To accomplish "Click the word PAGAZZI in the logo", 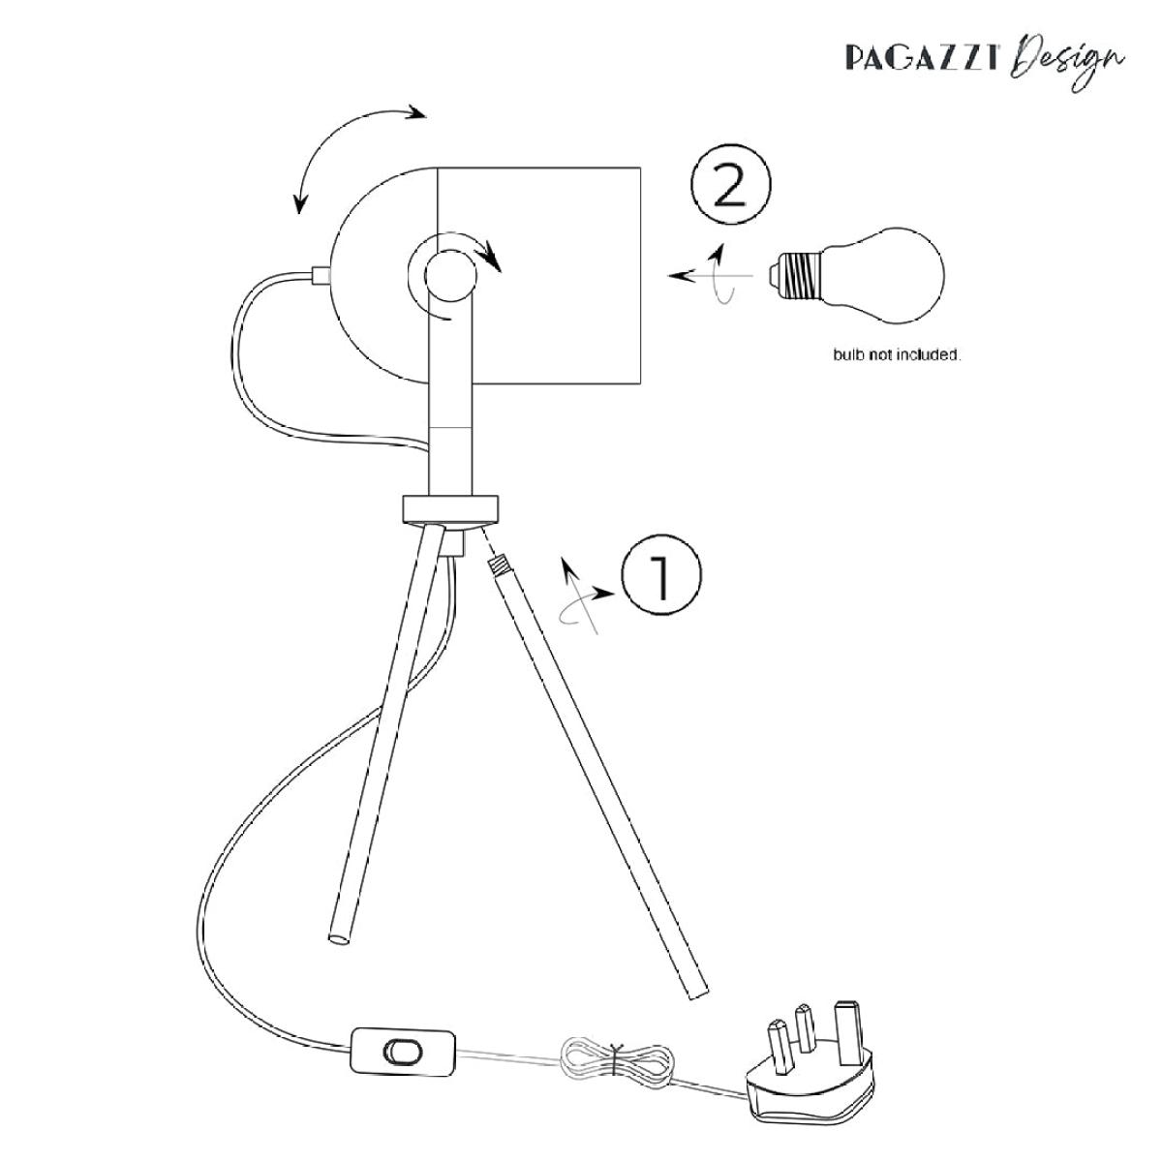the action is point(922,57).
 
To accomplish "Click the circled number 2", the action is point(730,184).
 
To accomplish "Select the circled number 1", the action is point(661,574).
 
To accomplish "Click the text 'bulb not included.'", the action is point(897,355).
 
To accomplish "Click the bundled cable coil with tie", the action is point(616,1065).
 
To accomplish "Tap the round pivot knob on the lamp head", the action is point(450,276).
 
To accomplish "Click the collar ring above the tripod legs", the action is point(450,508).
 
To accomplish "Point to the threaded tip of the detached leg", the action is point(498,565).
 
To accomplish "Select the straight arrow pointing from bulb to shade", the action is point(711,276).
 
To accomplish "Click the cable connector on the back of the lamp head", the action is point(321,276).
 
